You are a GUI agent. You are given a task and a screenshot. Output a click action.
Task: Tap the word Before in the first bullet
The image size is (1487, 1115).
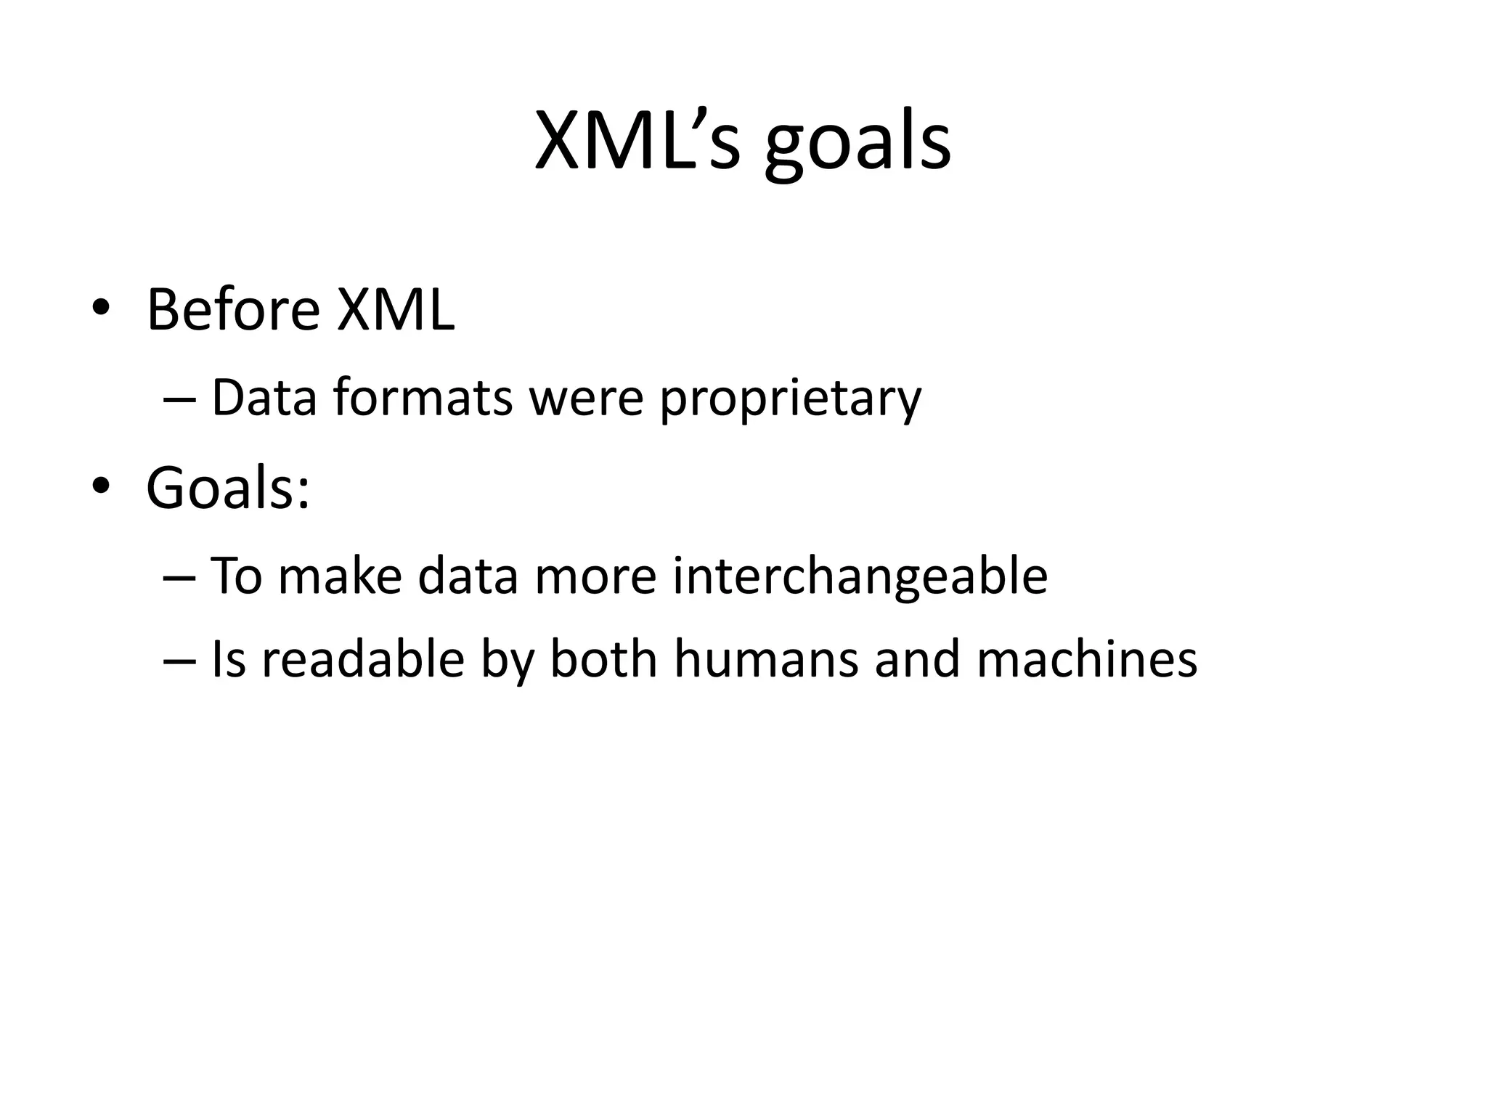232,311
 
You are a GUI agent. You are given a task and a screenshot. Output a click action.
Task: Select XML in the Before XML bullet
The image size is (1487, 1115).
396,311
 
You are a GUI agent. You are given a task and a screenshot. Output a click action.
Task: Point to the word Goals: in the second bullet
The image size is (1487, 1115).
228,488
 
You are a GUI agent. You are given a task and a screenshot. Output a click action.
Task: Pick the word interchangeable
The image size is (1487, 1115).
860,576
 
